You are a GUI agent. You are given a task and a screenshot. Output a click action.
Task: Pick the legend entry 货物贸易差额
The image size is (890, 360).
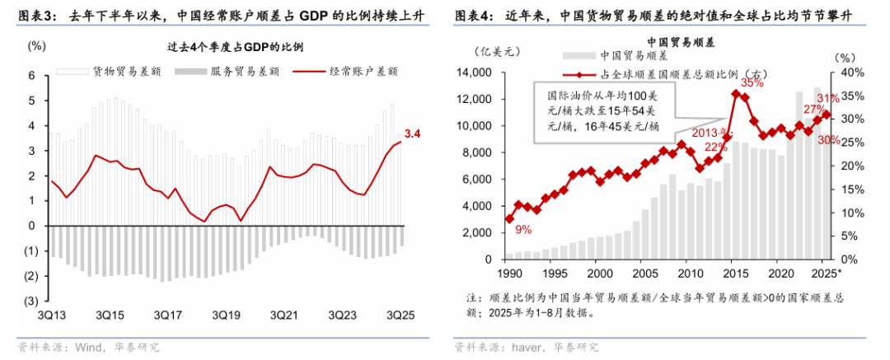(124, 72)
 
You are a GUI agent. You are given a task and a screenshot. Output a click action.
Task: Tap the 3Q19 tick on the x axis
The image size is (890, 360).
(225, 316)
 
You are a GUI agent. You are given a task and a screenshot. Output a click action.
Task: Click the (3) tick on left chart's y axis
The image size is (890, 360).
(32, 301)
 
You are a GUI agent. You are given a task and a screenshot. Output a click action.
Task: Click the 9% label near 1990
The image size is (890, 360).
(523, 229)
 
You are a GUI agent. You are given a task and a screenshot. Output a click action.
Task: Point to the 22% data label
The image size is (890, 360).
(715, 147)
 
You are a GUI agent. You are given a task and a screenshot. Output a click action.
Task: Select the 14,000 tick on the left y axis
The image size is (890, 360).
(474, 72)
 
